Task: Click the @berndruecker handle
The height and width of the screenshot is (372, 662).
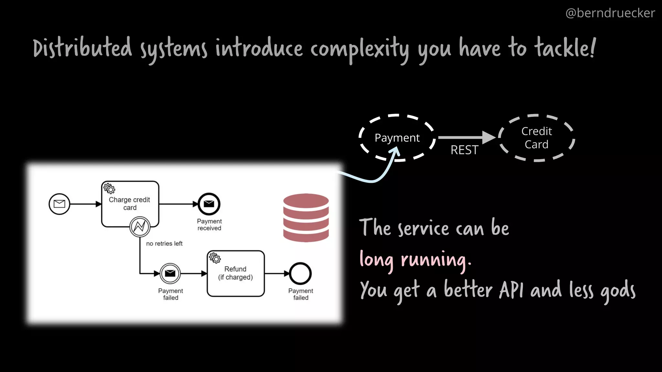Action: [610, 13]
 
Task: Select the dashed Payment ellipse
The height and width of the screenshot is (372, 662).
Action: [397, 138]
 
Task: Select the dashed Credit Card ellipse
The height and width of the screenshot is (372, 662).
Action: [536, 138]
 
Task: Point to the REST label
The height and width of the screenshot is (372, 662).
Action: [464, 150]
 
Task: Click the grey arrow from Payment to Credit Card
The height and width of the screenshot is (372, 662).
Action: [465, 138]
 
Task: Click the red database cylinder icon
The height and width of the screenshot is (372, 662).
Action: [306, 217]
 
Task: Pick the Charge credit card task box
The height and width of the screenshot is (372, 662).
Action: [130, 203]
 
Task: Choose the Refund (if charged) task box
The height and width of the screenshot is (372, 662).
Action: [235, 274]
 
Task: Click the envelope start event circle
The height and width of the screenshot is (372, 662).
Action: [59, 204]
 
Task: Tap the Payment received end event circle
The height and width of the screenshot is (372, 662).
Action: [209, 204]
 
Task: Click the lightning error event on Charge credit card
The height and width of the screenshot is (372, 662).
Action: [140, 227]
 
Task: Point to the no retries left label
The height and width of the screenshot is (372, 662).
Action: [164, 243]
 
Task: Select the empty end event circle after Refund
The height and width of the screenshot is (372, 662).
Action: [300, 274]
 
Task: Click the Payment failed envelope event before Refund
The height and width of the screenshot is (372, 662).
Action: [170, 274]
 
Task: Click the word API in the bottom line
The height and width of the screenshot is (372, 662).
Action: [511, 290]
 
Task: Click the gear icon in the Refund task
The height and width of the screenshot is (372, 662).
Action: [215, 258]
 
